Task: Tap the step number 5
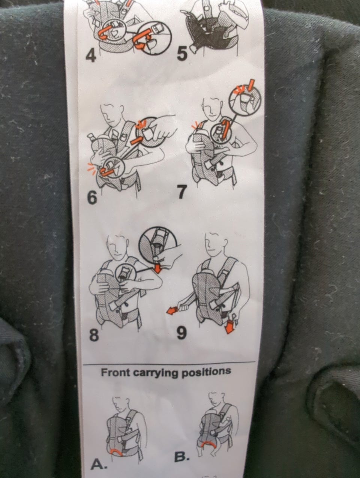click(182, 54)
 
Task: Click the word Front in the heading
click(115, 373)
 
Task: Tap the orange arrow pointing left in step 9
click(172, 310)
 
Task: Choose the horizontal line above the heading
click(169, 363)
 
